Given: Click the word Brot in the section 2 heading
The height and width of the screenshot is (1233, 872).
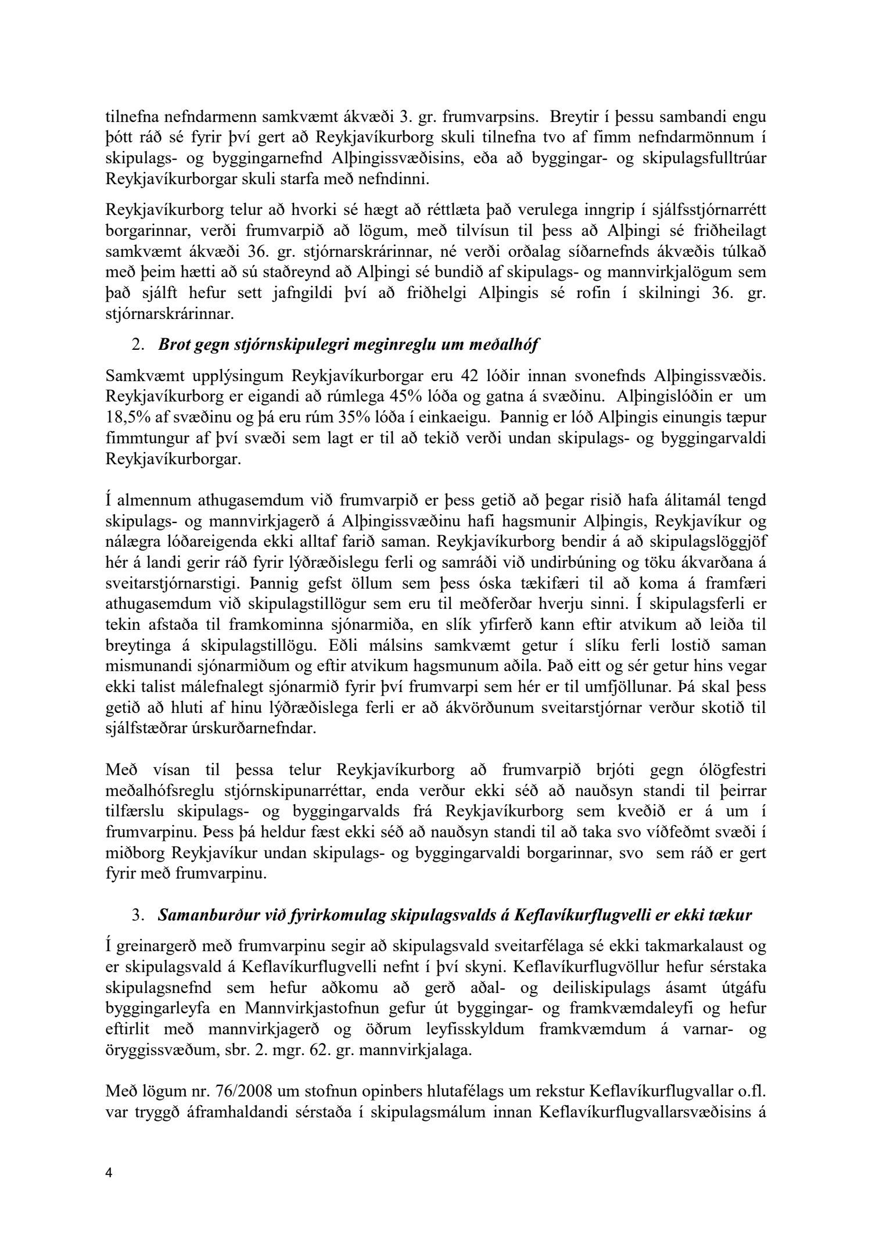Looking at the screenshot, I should pos(173,345).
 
